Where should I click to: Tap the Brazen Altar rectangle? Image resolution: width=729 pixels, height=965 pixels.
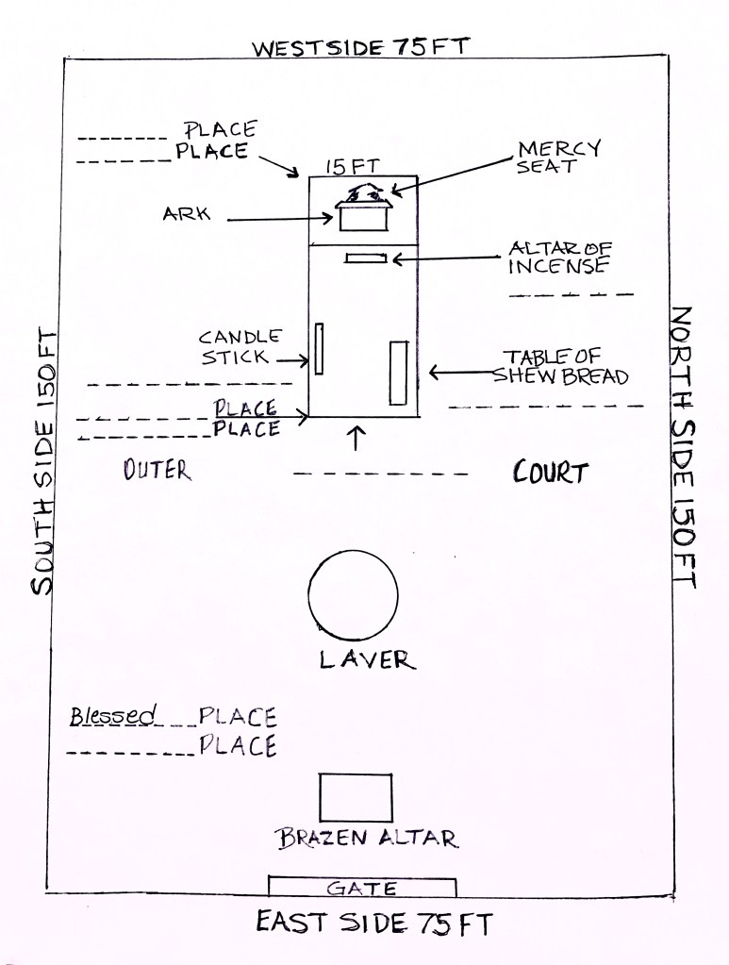tap(356, 797)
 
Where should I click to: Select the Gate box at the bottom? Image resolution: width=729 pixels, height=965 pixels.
tap(362, 887)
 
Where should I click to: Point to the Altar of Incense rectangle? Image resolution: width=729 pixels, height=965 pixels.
tap(366, 258)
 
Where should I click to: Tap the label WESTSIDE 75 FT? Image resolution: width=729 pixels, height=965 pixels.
tap(359, 46)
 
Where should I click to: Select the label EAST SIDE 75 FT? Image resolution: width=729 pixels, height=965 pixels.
tap(373, 923)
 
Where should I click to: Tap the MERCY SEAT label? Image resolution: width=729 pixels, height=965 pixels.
tap(558, 157)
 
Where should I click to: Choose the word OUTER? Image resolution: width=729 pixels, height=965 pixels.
tap(157, 470)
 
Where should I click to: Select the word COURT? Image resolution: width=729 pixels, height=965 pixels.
tap(550, 472)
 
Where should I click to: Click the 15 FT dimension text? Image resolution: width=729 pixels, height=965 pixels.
tap(347, 166)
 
